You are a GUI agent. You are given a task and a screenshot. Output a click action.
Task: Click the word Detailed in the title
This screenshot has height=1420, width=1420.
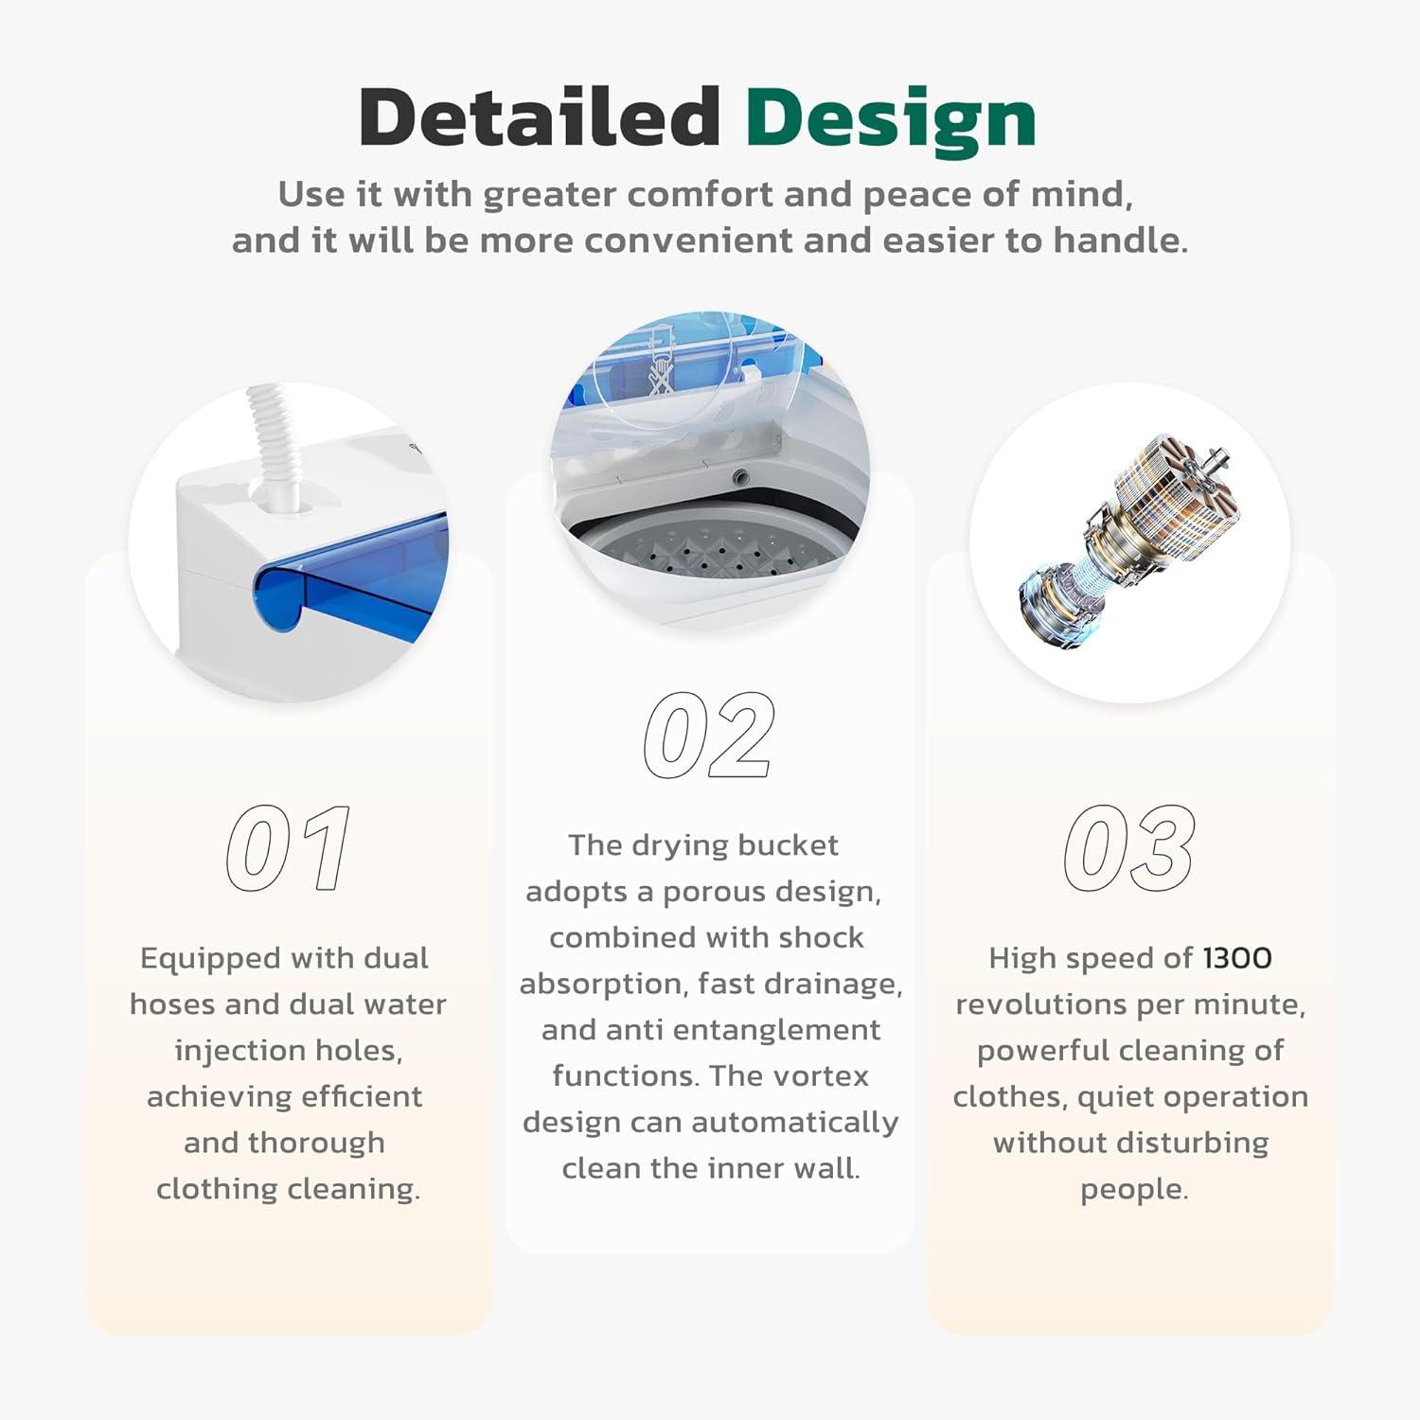(540, 116)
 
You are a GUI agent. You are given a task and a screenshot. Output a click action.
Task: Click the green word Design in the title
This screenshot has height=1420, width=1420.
(891, 121)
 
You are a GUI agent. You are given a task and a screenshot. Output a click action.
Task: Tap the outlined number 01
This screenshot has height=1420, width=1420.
(289, 848)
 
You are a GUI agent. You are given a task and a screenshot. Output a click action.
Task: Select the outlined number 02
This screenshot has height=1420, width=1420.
(709, 735)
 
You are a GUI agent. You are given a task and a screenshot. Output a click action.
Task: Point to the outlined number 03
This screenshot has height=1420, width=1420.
(1128, 848)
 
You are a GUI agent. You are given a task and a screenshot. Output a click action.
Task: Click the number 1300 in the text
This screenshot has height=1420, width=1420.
(1237, 958)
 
